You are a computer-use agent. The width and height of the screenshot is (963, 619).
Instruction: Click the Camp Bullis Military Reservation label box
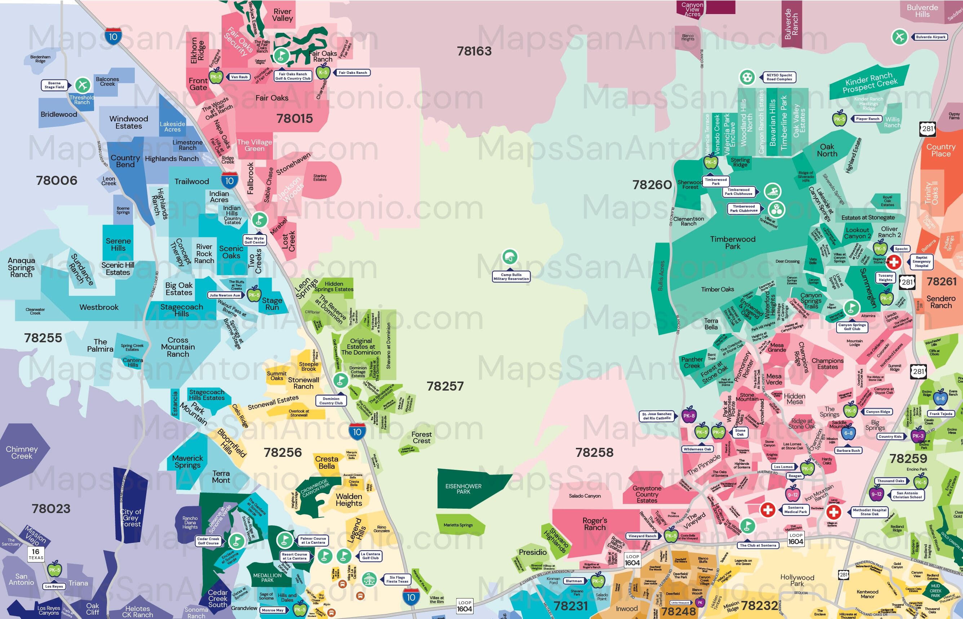[x=511, y=277]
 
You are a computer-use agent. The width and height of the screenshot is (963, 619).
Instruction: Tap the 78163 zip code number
[x=474, y=51]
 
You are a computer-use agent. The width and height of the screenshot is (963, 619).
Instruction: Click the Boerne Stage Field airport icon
[x=83, y=85]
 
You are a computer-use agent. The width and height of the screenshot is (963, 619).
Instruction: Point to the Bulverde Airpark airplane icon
[x=900, y=37]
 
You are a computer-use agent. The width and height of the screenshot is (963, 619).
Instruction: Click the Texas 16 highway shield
[x=36, y=554]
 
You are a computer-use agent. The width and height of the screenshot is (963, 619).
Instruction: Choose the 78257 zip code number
[x=445, y=386]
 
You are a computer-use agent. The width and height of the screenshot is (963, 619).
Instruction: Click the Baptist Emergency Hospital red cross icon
[x=893, y=262]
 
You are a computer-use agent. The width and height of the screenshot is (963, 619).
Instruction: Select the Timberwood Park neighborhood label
[x=733, y=243]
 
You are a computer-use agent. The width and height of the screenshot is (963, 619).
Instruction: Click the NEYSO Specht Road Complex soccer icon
[x=747, y=77]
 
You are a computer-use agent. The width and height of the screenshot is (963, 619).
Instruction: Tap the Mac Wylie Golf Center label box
[x=254, y=240]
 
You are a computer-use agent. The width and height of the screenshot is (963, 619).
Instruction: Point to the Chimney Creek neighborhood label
[x=22, y=453]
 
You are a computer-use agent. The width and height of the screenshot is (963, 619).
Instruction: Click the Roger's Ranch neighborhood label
[x=595, y=524]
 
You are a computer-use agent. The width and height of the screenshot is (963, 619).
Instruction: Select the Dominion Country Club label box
[x=330, y=401]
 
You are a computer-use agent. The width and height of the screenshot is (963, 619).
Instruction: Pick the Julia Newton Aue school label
[x=225, y=295]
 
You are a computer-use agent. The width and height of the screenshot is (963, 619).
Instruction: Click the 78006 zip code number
[x=57, y=181]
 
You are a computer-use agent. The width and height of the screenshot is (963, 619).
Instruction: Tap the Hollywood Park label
[x=796, y=580]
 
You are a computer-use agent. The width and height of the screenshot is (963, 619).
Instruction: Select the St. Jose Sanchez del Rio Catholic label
[x=657, y=416]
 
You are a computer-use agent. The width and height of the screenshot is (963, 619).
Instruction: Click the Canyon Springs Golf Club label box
[x=852, y=327]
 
